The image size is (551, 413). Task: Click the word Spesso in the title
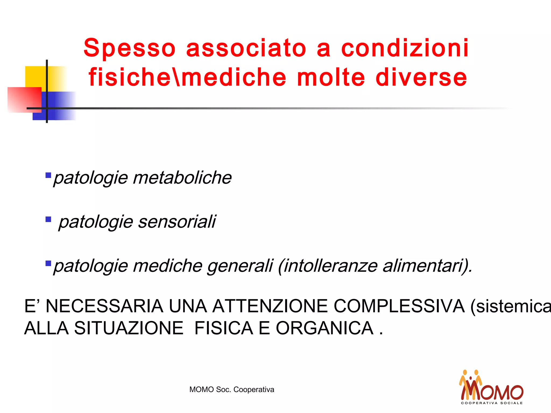click(x=129, y=48)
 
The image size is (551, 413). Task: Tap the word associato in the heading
click(x=246, y=48)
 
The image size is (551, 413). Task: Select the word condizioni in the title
click(x=405, y=48)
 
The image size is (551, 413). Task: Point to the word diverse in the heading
click(x=421, y=78)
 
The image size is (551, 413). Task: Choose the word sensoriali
click(x=177, y=222)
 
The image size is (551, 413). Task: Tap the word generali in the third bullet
click(x=240, y=266)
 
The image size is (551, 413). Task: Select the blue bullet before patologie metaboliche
click(x=48, y=176)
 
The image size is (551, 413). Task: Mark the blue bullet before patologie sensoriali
click(x=48, y=219)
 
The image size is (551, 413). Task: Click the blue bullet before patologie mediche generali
click(x=48, y=263)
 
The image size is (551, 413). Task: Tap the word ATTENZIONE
click(x=270, y=306)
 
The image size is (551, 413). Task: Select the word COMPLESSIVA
click(x=399, y=306)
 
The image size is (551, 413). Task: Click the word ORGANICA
click(x=324, y=328)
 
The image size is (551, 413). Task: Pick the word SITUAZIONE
click(x=129, y=328)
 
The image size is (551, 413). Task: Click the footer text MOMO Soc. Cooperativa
click(x=232, y=390)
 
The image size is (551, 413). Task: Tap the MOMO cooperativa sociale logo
click(x=492, y=387)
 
